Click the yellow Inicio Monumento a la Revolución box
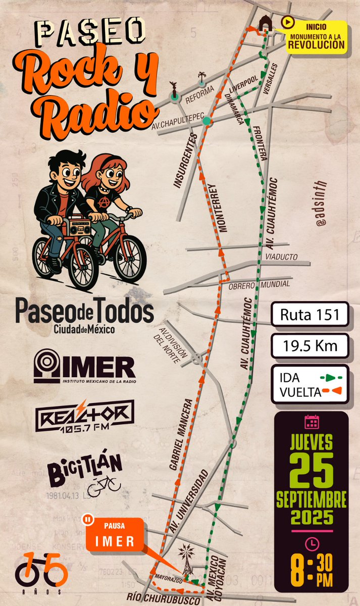point(316,36)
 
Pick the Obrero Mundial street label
point(267,284)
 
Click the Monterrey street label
point(218,207)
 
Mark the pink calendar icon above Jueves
point(311,422)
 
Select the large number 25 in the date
point(311,469)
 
